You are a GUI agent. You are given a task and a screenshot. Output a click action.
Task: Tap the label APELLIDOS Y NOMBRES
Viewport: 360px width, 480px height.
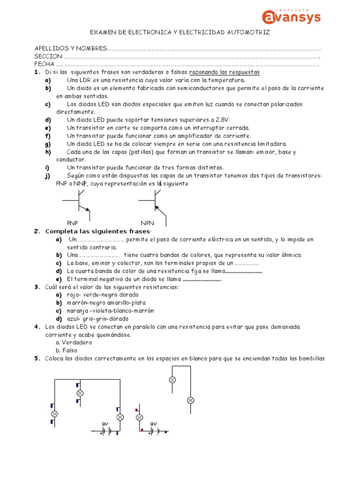(x=70, y=49)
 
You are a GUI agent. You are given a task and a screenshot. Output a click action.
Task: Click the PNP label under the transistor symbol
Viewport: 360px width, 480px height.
(x=73, y=223)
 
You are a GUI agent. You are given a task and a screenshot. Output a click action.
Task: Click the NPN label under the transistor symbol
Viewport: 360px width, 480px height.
(x=147, y=223)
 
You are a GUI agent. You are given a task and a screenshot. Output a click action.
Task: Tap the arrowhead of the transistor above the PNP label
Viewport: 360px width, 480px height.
(x=87, y=208)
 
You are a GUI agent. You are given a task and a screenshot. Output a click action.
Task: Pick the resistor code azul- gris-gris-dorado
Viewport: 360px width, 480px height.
(x=91, y=319)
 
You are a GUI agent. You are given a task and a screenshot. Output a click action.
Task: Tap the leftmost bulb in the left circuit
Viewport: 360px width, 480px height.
(x=54, y=413)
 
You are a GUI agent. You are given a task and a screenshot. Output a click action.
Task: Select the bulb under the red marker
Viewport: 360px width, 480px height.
(x=139, y=417)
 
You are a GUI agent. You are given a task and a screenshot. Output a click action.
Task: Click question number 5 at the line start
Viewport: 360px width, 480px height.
(x=36, y=359)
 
